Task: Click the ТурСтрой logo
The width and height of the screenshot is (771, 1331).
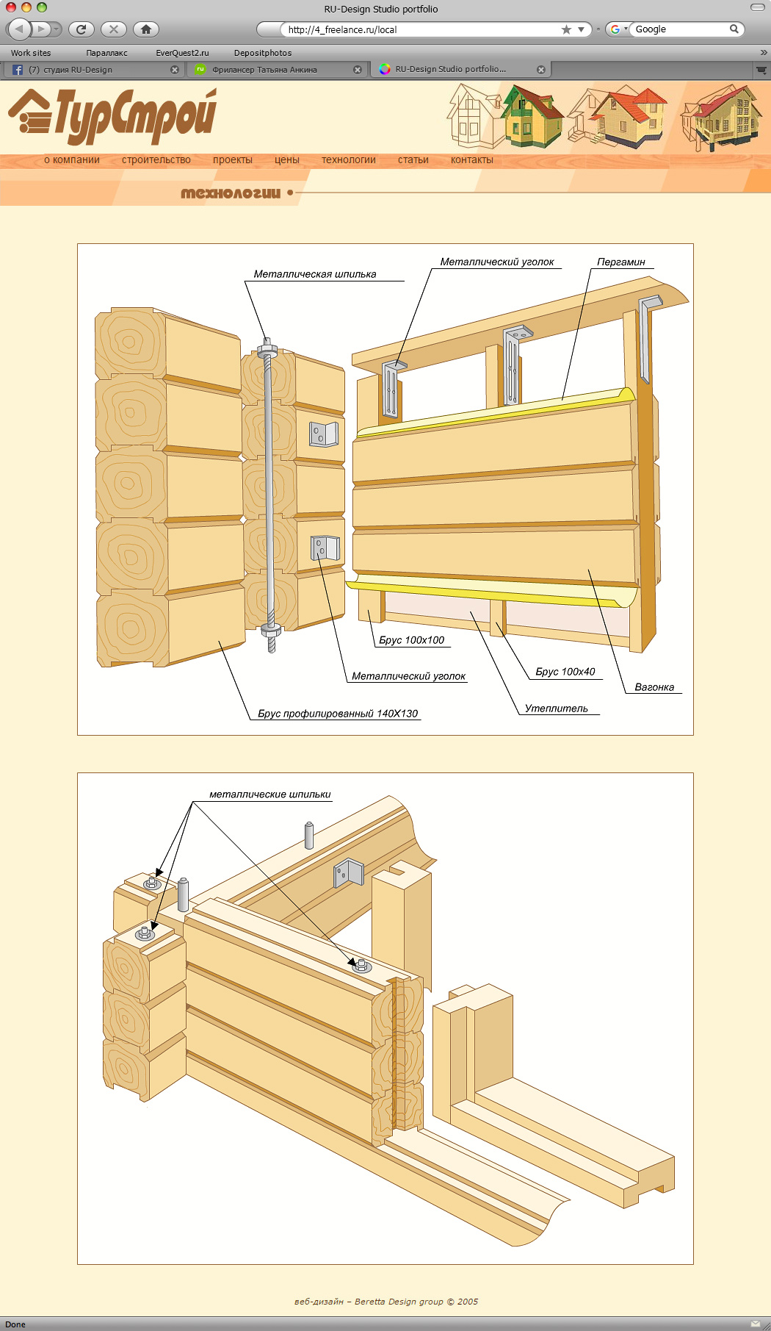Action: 112,115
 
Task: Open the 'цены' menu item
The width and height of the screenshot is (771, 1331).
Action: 287,159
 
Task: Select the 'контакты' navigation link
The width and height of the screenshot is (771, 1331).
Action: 472,159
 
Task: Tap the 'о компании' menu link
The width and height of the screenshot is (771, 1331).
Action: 72,159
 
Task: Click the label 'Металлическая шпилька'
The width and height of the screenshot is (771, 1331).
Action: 315,274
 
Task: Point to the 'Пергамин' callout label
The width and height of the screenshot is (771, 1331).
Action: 621,262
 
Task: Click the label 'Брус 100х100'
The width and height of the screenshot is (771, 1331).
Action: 412,640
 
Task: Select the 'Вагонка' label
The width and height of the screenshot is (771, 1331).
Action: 654,687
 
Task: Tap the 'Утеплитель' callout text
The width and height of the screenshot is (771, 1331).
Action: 557,708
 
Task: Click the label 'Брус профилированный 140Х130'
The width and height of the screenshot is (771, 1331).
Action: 338,714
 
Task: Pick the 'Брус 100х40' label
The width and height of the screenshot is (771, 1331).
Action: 565,672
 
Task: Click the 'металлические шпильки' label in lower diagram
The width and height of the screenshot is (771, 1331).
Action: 270,794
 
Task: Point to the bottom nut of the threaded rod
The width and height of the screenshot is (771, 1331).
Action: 271,629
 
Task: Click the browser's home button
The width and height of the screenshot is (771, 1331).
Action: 146,29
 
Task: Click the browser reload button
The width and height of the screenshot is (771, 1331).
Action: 82,29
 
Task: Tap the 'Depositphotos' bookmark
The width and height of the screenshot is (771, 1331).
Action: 263,53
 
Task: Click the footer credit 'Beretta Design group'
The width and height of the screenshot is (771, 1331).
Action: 399,1302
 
